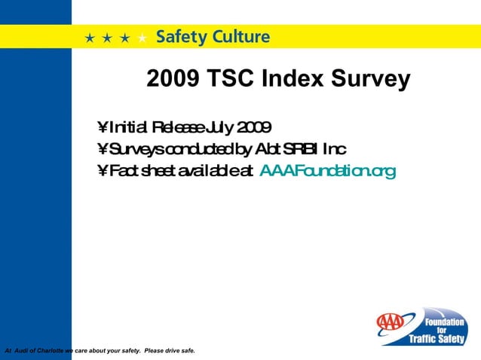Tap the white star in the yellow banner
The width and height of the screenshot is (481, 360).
(x=142, y=38)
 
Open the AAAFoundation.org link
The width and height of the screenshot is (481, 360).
(x=326, y=171)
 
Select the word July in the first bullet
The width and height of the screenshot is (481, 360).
(x=218, y=127)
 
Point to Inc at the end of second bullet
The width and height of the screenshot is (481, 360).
(x=335, y=148)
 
